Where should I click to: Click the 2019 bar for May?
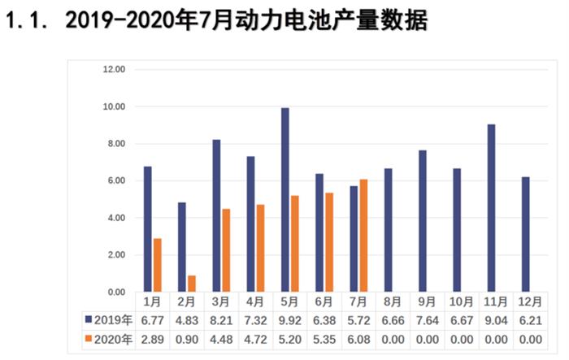(285, 200)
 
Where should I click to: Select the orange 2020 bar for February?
(192, 284)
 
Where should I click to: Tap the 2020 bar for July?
(363, 236)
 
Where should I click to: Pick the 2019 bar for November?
(491, 208)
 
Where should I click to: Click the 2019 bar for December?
(525, 234)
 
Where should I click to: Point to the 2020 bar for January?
(158, 265)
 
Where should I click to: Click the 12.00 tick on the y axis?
(113, 70)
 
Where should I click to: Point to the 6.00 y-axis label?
(115, 181)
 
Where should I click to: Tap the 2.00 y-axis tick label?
(115, 255)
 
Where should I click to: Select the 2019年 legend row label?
(108, 319)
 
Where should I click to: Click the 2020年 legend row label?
(108, 339)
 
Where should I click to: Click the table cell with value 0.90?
(187, 339)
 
